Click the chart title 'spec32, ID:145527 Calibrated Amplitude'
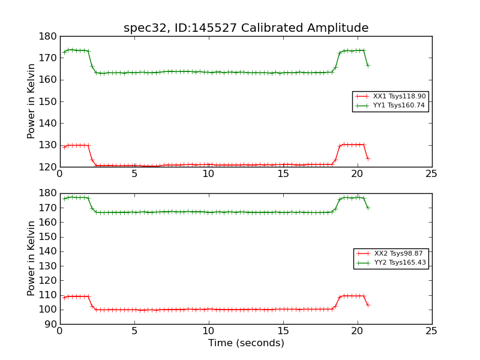[x=246, y=28]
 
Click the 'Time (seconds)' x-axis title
[x=246, y=343]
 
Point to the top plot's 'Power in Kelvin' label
[x=31, y=101]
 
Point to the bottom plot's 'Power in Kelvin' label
[x=31, y=259]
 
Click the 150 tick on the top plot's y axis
[x=47, y=101]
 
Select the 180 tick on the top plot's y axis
[x=47, y=36]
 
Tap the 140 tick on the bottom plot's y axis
[x=47, y=251]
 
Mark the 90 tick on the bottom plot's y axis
[x=49, y=324]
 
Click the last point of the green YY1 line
[x=368, y=65]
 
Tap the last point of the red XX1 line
[x=368, y=158]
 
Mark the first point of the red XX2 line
[x=64, y=297]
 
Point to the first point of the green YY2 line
[x=64, y=199]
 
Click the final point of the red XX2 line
[x=368, y=305]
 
